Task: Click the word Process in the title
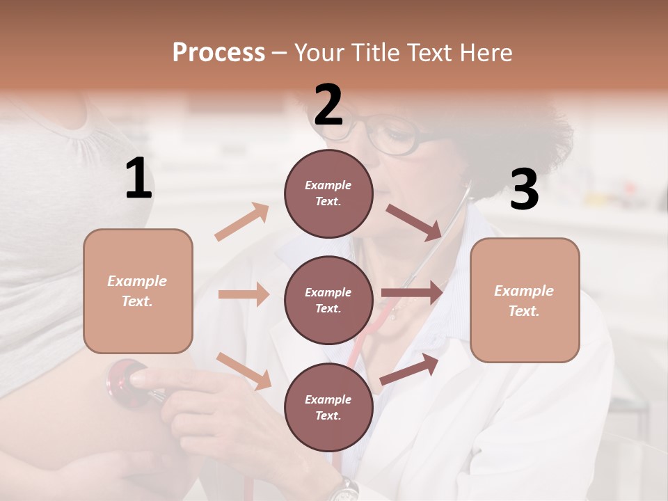point(218,52)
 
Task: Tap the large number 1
point(138,179)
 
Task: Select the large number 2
point(328,105)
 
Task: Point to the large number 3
point(524,189)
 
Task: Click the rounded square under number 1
point(138,291)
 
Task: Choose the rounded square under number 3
point(525,300)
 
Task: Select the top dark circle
point(328,193)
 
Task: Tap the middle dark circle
point(328,300)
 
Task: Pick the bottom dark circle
point(328,407)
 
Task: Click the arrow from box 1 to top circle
point(242,221)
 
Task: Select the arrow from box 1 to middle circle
point(244,294)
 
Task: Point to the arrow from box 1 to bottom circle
point(244,371)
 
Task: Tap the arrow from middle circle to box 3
point(413,293)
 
